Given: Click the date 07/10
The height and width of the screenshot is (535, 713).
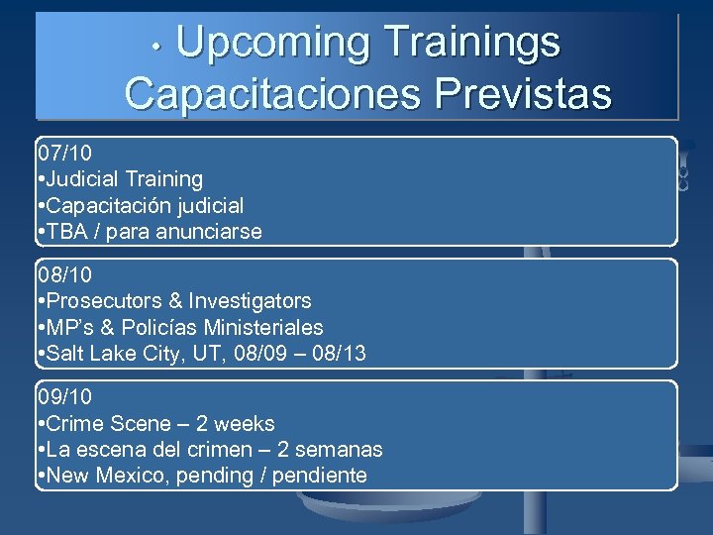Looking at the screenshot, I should [x=64, y=154].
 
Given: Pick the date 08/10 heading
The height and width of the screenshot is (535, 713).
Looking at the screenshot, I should [x=64, y=274].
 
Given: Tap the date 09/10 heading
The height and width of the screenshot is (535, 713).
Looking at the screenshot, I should [x=64, y=396].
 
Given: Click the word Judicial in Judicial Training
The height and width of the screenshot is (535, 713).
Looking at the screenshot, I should [x=83, y=179].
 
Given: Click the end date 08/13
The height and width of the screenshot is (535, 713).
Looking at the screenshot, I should [x=338, y=354].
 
